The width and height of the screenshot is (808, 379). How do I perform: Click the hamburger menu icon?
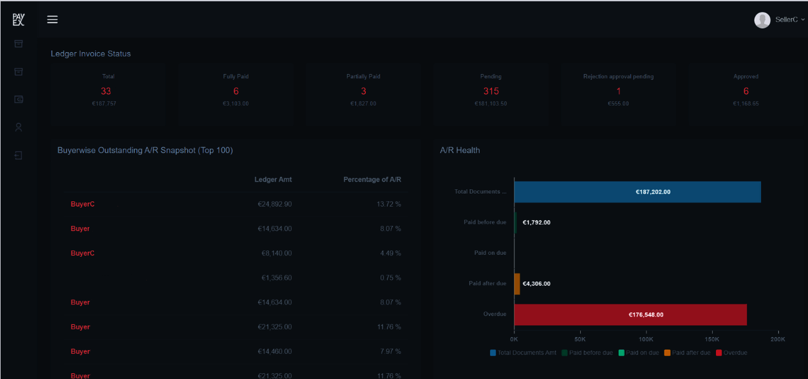click(53, 19)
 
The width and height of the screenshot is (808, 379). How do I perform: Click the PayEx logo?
click(18, 19)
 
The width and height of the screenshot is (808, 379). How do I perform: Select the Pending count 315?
click(491, 91)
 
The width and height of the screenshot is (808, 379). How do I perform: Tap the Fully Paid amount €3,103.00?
click(236, 104)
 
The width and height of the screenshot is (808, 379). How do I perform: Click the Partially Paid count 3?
click(363, 91)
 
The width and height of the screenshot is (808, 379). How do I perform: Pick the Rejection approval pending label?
click(618, 77)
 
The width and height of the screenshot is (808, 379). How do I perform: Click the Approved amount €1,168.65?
click(746, 104)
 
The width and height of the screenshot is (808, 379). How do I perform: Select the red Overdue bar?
click(630, 315)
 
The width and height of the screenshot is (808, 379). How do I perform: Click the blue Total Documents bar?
click(637, 192)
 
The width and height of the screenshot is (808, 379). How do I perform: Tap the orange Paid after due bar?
click(517, 284)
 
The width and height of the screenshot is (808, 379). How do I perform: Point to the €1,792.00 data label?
click(536, 223)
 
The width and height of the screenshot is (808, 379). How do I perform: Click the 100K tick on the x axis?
click(646, 338)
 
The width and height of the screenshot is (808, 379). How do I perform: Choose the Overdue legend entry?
click(731, 353)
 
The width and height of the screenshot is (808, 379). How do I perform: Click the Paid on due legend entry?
click(640, 353)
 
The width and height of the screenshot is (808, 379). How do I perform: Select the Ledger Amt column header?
click(273, 180)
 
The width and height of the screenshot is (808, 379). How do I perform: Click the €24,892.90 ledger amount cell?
click(274, 204)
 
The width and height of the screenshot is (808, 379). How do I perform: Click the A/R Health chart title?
click(460, 150)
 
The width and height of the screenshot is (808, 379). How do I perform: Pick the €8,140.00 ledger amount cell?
click(276, 254)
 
